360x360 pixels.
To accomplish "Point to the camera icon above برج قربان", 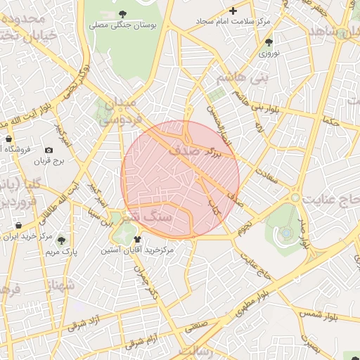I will click(49, 150).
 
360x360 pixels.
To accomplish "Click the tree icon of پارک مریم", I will click(60, 240).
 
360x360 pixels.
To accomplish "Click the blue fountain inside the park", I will click(288, 232).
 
